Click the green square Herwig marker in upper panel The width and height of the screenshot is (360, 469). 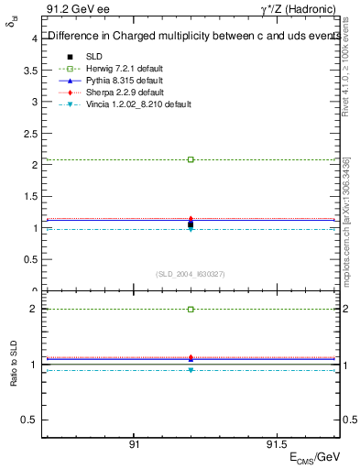[x=191, y=159]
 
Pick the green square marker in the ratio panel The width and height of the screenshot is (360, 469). [x=191, y=310]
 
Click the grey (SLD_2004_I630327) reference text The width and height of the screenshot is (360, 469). [x=190, y=274]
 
